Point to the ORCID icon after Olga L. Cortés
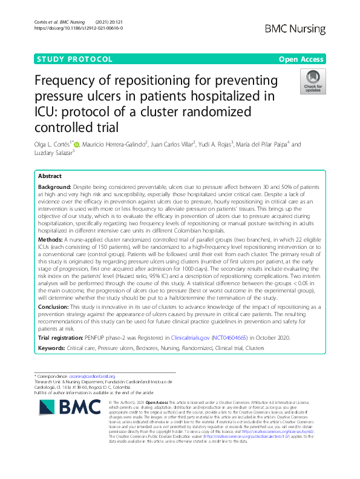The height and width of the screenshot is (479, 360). [x=76, y=144]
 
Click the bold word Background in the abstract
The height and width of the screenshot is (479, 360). [x=58, y=188]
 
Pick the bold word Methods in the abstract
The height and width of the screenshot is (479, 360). [x=52, y=257]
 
